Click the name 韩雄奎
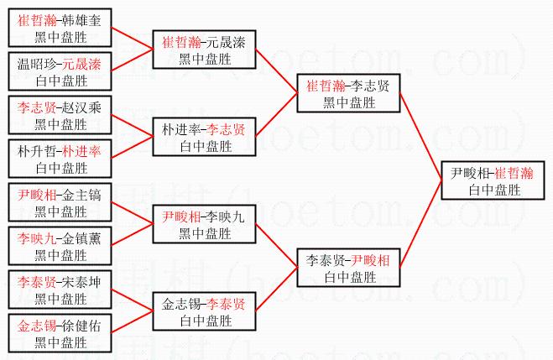[81, 20]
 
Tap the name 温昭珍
[37, 64]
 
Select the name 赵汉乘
[81, 108]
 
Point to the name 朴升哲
[37, 152]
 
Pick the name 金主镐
[81, 195]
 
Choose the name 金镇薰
[81, 238]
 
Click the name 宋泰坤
[81, 283]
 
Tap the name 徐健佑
[81, 326]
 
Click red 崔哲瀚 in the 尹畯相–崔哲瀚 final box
[514, 174]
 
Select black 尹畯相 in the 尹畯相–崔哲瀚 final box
[470, 174]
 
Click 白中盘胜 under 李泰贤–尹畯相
[350, 278]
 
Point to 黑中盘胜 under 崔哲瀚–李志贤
[349, 103]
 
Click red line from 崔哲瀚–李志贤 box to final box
[420, 137]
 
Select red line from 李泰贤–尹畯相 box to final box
[420, 224]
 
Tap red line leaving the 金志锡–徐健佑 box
[133, 321]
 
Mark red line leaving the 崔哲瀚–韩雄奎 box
[133, 39]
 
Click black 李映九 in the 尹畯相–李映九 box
[225, 217]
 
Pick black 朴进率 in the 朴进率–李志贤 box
[181, 130]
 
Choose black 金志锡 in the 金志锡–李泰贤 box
[181, 305]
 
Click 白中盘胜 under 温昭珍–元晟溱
[62, 81]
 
